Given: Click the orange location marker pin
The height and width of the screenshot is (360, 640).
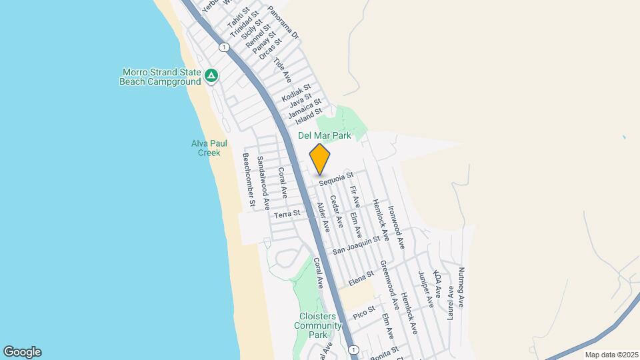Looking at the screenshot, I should pos(320,159).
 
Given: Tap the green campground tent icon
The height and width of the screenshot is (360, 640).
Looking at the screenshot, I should pos(211,76).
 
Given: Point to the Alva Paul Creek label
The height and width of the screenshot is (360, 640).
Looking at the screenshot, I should pos(205,148).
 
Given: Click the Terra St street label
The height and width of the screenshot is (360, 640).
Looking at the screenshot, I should pos(288,214).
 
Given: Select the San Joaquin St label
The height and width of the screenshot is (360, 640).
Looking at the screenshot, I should pos(356,244).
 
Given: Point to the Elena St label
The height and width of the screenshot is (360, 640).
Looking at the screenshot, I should pos(361,276).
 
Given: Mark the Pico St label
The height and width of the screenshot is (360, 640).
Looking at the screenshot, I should pos(365,310).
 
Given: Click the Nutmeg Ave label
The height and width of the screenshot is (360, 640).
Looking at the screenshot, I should pos(461,287).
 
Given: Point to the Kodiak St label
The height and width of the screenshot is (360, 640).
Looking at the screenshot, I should pos(297,93).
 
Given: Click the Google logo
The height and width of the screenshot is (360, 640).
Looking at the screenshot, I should pos(22,352).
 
